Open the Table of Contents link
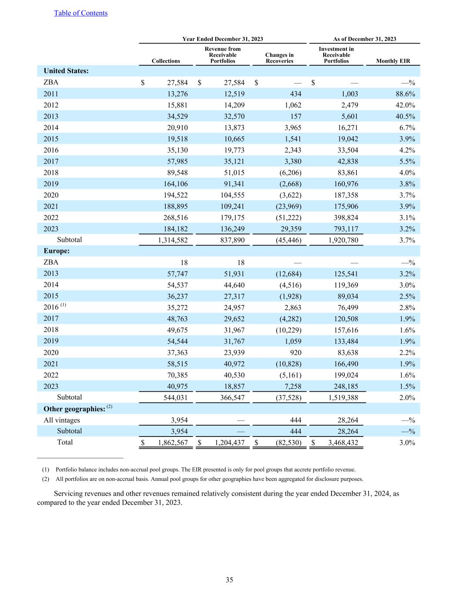(x=80, y=13)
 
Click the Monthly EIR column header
(x=393, y=61)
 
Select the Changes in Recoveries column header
(x=279, y=58)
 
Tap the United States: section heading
(x=66, y=71)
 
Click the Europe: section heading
(x=57, y=251)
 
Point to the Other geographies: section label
(x=74, y=409)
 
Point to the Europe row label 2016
(x=51, y=308)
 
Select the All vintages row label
(x=62, y=420)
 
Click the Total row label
(x=65, y=442)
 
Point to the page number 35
(x=229, y=580)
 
